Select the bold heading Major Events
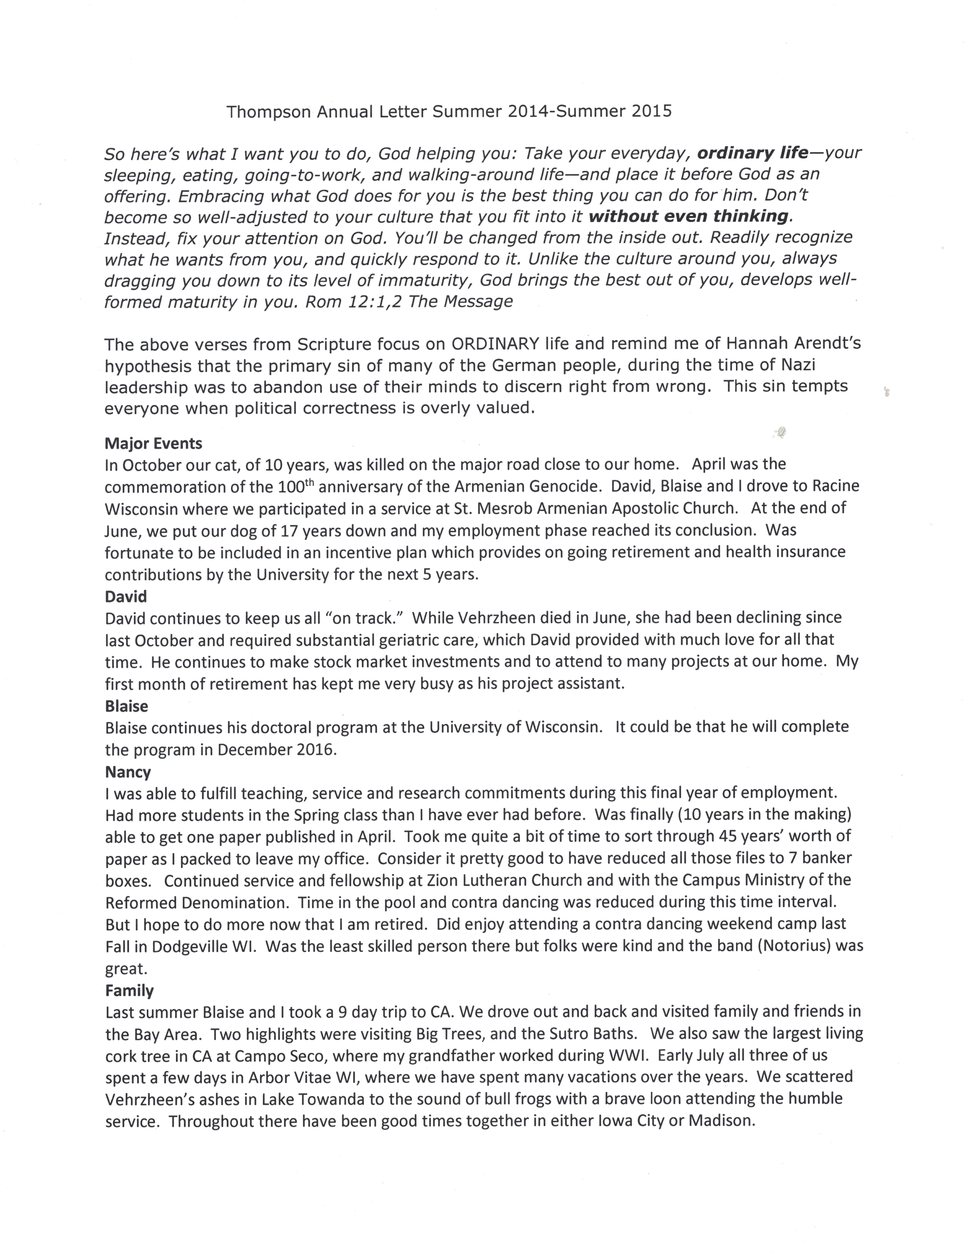(154, 444)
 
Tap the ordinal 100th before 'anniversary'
(296, 486)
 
